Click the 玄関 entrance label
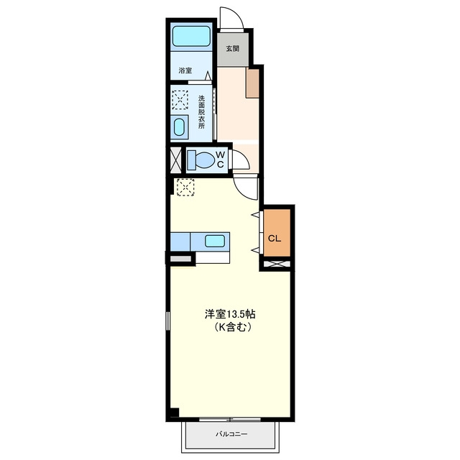pyautogui.click(x=232, y=49)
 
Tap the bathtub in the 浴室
pyautogui.click(x=191, y=36)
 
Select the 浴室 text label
pyautogui.click(x=185, y=70)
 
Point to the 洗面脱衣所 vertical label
pyautogui.click(x=201, y=112)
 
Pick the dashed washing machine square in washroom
pyautogui.click(x=180, y=99)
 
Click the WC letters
pyautogui.click(x=221, y=160)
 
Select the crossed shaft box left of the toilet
pyautogui.click(x=175, y=160)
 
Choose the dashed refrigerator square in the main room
pyautogui.click(x=185, y=187)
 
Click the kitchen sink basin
pyautogui.click(x=215, y=241)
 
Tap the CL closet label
pyautogui.click(x=275, y=239)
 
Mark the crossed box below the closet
pyautogui.click(x=277, y=264)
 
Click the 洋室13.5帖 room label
pyautogui.click(x=230, y=314)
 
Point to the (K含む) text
pyautogui.click(x=232, y=327)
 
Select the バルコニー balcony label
pyautogui.click(x=231, y=434)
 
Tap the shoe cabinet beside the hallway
pyautogui.click(x=252, y=83)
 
